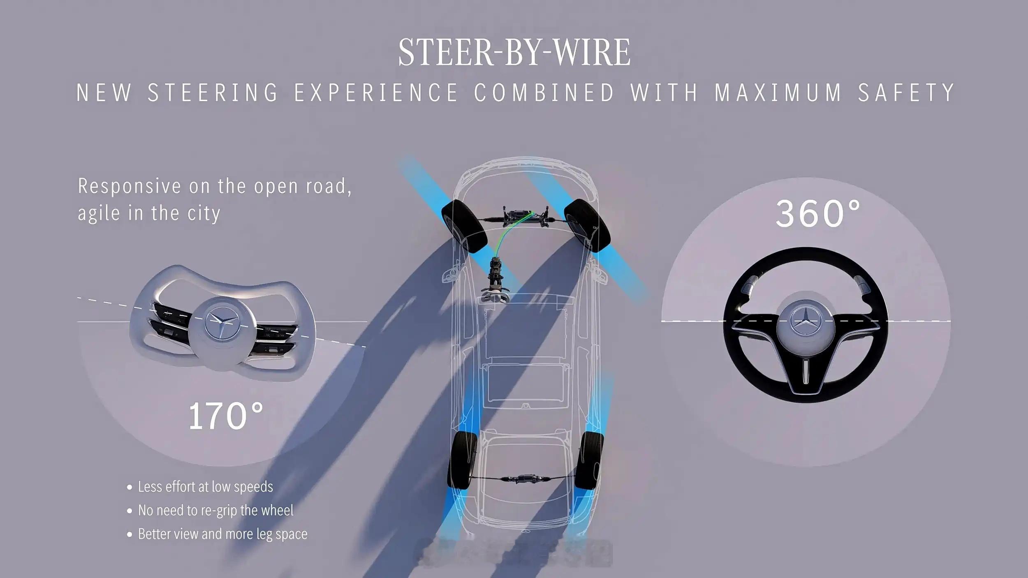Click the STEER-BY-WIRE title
514,52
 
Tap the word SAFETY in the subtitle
906,92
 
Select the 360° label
817,213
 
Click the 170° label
225,416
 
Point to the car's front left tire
463,226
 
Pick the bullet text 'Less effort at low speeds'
205,487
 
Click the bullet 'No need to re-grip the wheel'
215,510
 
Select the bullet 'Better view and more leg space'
222,534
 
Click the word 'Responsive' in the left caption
129,186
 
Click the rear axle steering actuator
526,478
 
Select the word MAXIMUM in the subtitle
778,92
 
